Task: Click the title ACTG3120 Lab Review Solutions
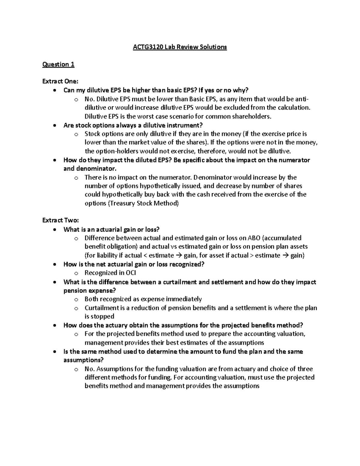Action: tap(180, 47)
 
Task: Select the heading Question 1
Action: tap(58, 64)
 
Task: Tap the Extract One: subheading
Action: tap(60, 81)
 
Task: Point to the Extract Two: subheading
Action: tap(60, 220)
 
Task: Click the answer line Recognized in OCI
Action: tap(110, 273)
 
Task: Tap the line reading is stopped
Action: tap(99, 316)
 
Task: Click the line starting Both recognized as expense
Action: tap(143, 299)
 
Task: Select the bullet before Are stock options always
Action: tap(54, 125)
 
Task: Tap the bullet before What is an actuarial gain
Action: tap(54, 230)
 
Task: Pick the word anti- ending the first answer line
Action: tap(301, 99)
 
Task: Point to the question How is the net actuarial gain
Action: tap(134, 264)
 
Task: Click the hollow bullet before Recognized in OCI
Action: tap(76, 273)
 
